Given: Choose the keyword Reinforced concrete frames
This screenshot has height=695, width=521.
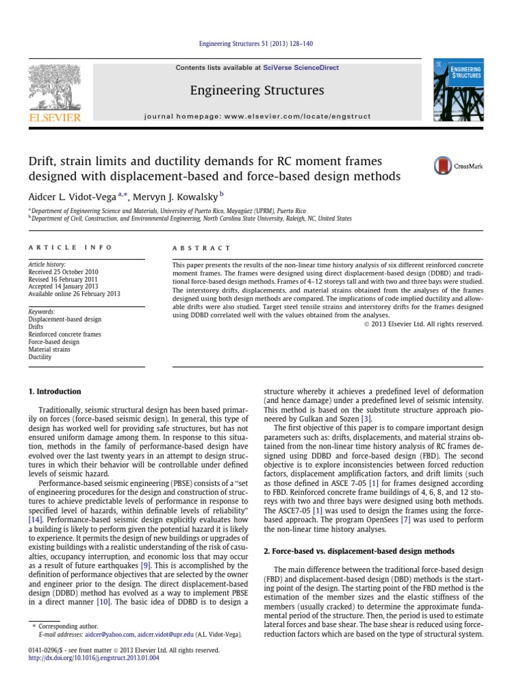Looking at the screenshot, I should click(64, 334).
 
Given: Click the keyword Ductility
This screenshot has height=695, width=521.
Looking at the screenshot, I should click(40, 356).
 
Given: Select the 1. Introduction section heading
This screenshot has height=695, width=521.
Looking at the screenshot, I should click(54, 392).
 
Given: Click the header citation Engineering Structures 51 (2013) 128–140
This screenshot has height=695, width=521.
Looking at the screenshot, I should click(260, 44).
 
